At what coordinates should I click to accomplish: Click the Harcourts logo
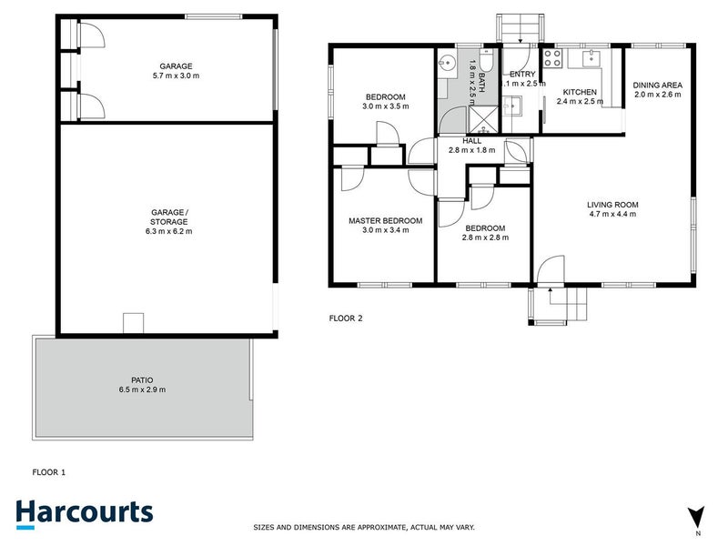coord(83,511)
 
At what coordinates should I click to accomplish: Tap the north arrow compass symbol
coord(697,516)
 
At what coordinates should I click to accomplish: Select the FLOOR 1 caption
coord(49,472)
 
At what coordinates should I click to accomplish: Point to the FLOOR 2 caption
coord(346,318)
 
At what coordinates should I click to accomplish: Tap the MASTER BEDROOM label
coord(386,221)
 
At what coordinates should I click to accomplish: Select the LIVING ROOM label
coord(612,205)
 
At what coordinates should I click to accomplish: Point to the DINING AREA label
coord(657,86)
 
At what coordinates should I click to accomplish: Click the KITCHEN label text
coord(580,93)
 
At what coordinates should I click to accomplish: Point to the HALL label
coord(471,141)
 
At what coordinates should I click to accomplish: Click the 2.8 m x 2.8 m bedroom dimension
coord(484,238)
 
